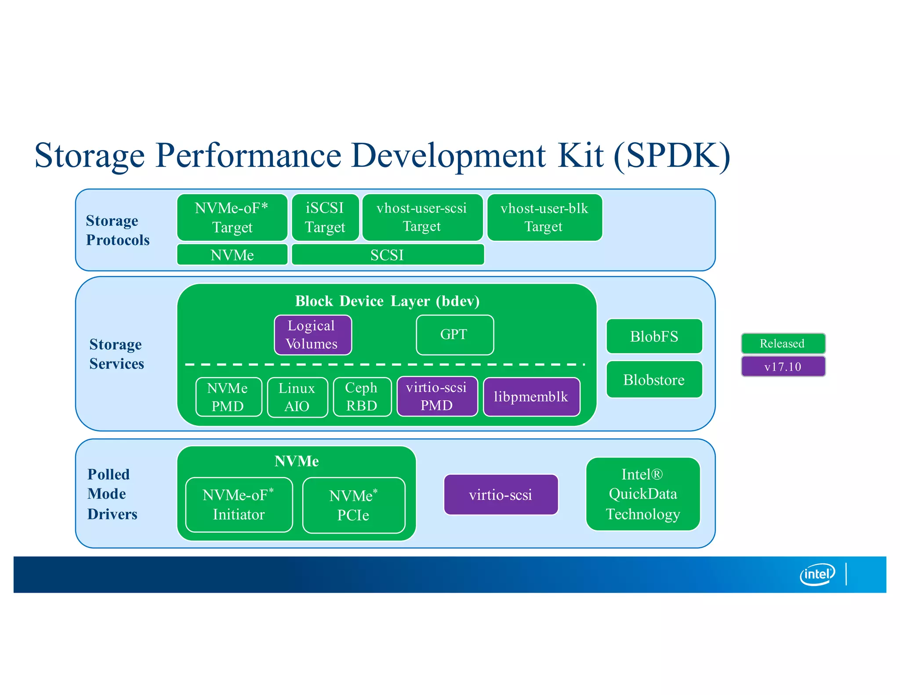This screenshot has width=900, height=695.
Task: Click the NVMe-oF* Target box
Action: coord(232,217)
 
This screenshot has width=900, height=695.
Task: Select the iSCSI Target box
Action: coord(325,217)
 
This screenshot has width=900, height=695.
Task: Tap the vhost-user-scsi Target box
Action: coord(422,217)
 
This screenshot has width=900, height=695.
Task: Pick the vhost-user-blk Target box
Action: coord(544,217)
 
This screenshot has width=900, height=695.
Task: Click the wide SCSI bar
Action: coord(388,255)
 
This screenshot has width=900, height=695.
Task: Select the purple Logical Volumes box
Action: coord(312,335)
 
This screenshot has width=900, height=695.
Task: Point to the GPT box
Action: coord(454,335)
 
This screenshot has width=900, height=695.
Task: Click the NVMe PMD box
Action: coord(228,397)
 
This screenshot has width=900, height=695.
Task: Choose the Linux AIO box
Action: coord(297,397)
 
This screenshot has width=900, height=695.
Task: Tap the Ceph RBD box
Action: coord(362,397)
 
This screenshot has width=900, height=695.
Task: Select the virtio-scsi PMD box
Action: coord(437,396)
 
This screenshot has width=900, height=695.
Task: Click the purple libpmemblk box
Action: coord(531,397)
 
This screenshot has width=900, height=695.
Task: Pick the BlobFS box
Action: coord(654,336)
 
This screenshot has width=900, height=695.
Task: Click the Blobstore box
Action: coord(654,380)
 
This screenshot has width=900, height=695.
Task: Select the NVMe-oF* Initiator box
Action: coord(239,505)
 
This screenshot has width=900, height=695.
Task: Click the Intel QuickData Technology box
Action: coord(642,494)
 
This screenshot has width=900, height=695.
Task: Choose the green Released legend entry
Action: coord(783,343)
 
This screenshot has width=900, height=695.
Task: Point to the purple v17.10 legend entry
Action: coord(783,366)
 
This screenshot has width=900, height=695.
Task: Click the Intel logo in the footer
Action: coord(817,574)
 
